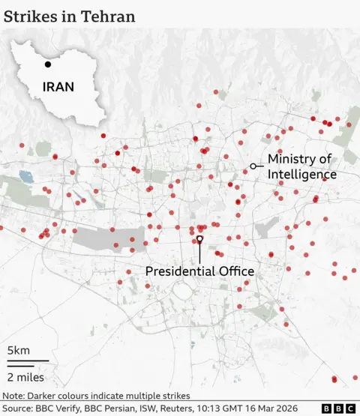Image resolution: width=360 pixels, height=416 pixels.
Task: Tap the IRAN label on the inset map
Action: [58, 86]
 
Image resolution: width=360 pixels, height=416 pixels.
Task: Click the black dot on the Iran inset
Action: [48, 54]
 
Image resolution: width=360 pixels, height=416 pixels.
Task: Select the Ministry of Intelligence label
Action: [302, 166]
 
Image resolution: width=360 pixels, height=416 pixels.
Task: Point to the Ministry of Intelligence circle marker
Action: [253, 165]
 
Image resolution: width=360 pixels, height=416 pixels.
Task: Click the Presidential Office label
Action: [199, 271]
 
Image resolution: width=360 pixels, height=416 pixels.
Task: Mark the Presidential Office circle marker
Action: [199, 239]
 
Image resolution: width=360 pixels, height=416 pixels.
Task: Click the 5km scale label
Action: [19, 350]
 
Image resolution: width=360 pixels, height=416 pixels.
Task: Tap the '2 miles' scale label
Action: [25, 376]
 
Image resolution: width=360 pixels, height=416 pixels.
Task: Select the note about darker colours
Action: [95, 395]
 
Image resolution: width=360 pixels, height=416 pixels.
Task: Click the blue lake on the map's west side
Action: [26, 178]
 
